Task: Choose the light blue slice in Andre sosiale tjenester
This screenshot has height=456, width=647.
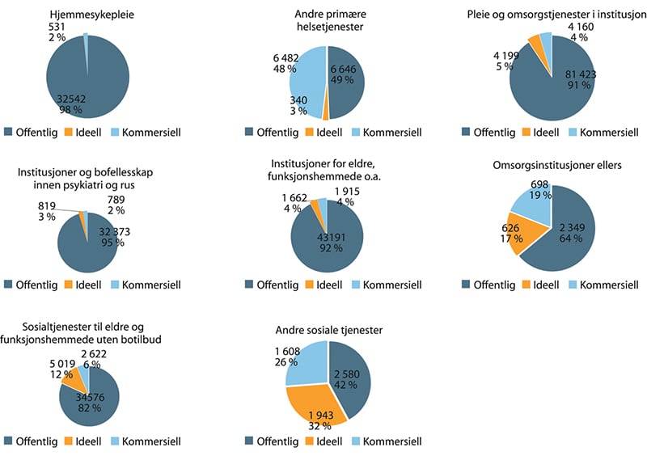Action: click(x=306, y=362)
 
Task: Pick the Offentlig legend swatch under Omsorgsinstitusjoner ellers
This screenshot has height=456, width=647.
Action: click(x=467, y=285)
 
